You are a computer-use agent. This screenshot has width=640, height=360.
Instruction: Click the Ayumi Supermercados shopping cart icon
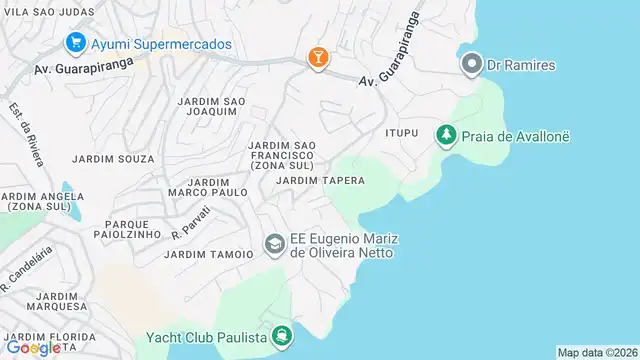click(x=74, y=43)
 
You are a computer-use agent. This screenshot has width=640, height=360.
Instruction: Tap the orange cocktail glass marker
click(x=318, y=58)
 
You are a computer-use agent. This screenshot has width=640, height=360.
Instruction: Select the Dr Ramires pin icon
click(x=472, y=66)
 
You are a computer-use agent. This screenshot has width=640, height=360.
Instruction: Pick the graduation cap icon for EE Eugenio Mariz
click(x=274, y=244)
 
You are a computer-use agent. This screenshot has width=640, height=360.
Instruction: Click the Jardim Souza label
click(x=113, y=159)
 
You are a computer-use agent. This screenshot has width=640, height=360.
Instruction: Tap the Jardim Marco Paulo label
click(x=207, y=187)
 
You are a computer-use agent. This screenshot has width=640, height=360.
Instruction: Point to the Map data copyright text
click(x=596, y=352)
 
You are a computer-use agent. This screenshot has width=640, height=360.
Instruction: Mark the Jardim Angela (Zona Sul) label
click(x=35, y=201)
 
